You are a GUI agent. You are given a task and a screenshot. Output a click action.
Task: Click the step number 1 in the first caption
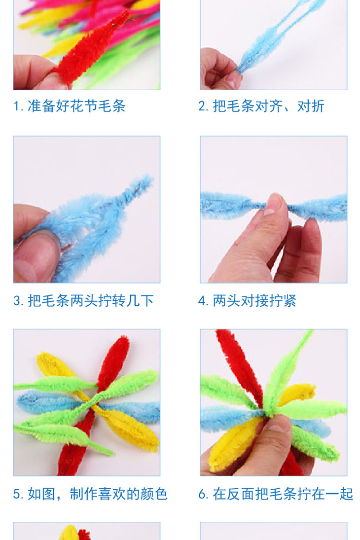pyautogui.click(x=16, y=106)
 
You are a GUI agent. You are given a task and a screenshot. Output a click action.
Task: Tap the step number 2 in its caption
pyautogui.click(x=202, y=106)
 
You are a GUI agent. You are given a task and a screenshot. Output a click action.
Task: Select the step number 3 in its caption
pyautogui.click(x=17, y=301)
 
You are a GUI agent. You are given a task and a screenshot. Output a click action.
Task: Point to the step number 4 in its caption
pyautogui.click(x=202, y=301)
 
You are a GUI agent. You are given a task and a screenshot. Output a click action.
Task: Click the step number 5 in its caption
pyautogui.click(x=17, y=494)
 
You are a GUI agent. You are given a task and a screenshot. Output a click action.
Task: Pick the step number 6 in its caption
pyautogui.click(x=202, y=494)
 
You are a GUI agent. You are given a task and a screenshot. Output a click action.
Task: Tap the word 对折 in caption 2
pyautogui.click(x=310, y=106)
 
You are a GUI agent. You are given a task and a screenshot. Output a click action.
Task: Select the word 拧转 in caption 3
pyautogui.click(x=111, y=300)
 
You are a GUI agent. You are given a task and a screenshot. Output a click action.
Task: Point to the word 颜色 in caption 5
pyautogui.click(x=154, y=494)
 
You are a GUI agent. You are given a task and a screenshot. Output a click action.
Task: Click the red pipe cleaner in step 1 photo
pyautogui.click(x=90, y=48)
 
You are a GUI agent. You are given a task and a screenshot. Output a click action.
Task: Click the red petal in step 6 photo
pyautogui.click(x=238, y=365)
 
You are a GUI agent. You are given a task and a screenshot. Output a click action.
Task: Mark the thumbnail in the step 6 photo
pyautogui.click(x=278, y=426)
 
